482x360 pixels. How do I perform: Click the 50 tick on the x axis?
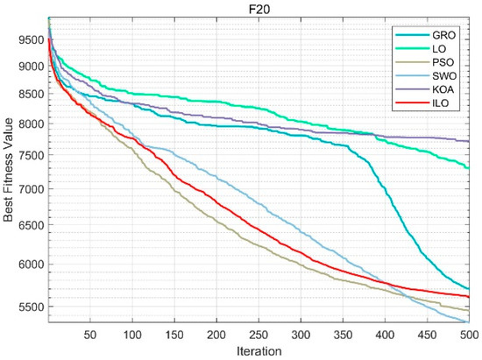89,334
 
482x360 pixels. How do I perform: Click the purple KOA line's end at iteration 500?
469,141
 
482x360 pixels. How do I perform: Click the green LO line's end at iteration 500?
469,168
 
